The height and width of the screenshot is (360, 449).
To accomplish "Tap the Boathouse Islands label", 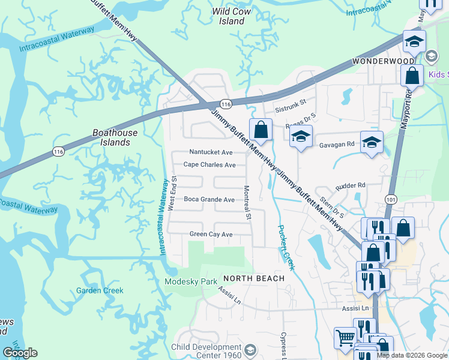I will [115, 137].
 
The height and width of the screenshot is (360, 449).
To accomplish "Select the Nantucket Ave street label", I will [211, 152].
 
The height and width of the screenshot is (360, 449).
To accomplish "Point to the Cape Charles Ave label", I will [209, 164].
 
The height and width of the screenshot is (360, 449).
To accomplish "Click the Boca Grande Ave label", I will [209, 199].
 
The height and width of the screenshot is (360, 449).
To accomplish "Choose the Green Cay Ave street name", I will [211, 234].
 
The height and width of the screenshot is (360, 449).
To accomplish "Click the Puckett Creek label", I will [285, 247].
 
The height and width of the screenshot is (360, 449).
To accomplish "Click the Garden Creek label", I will [100, 290].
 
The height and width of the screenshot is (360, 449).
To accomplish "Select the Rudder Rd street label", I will [352, 185].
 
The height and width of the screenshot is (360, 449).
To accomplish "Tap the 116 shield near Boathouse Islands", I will [58, 150].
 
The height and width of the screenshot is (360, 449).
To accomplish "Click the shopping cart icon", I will [345, 338].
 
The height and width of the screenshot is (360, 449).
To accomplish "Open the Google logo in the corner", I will [20, 353].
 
